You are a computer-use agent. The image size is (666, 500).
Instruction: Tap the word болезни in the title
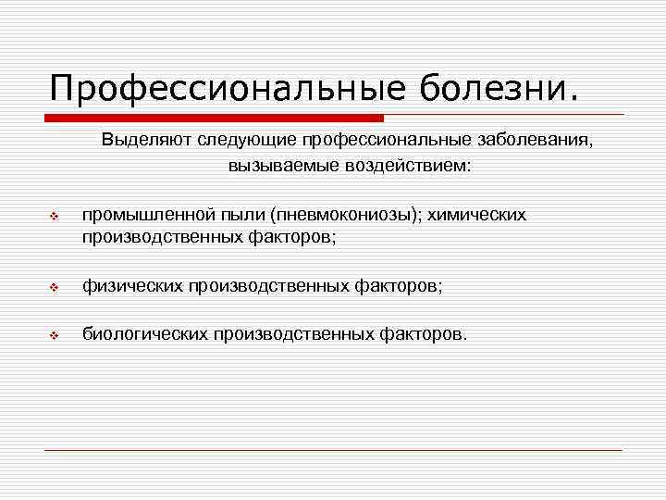tap(499, 90)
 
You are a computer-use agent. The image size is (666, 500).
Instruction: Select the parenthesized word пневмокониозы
tap(342, 215)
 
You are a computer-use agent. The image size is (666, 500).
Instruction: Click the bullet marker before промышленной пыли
tap(54, 217)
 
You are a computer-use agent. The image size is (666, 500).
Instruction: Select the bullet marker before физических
tap(54, 289)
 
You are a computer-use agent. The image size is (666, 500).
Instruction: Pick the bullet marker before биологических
tap(54, 335)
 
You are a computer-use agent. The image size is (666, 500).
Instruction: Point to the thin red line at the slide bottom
tap(333, 450)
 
